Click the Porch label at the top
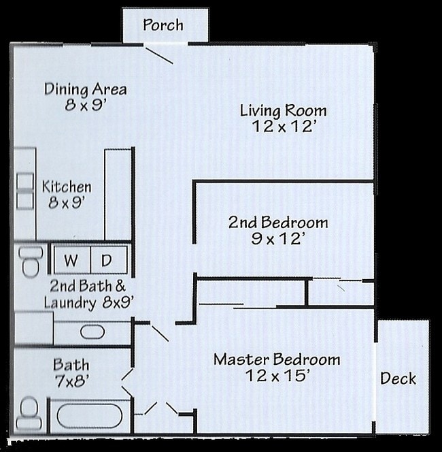click(163, 25)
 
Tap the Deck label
click(398, 378)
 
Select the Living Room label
click(283, 110)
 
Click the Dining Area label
click(85, 89)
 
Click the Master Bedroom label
click(277, 359)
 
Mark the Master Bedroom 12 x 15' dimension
click(277, 375)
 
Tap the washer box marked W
click(71, 260)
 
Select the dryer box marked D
click(107, 260)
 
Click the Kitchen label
click(67, 187)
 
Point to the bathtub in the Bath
click(86, 415)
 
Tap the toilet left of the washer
click(31, 261)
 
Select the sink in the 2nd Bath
click(92, 332)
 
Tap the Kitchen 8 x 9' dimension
click(67, 202)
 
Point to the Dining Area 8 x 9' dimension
click(85, 106)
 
